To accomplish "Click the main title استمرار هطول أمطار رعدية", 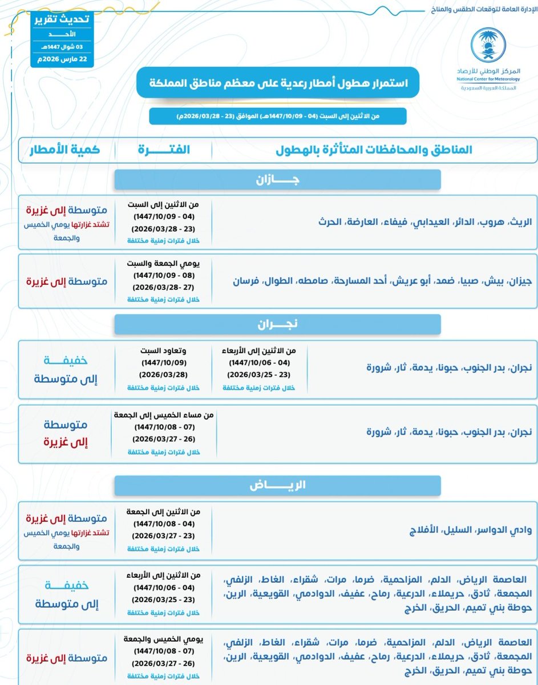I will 277,82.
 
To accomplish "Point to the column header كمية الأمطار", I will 64,150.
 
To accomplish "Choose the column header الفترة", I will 164,150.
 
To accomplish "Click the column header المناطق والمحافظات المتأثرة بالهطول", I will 374,150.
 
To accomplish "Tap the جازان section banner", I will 277,179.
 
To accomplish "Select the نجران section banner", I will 277,324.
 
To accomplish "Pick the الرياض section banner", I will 277,485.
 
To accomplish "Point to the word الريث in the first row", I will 519,221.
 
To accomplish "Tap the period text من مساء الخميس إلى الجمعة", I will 164,416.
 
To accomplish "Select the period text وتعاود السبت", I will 164,351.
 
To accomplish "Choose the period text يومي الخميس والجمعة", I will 164,639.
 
